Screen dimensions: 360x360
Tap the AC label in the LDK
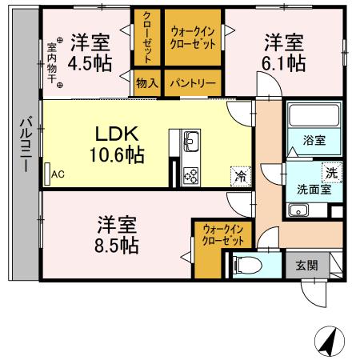(58, 173)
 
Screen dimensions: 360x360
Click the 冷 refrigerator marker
(239, 173)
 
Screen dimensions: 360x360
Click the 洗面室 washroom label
(309, 190)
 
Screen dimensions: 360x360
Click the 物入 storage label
(147, 82)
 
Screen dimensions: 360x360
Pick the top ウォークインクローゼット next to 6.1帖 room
(194, 38)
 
